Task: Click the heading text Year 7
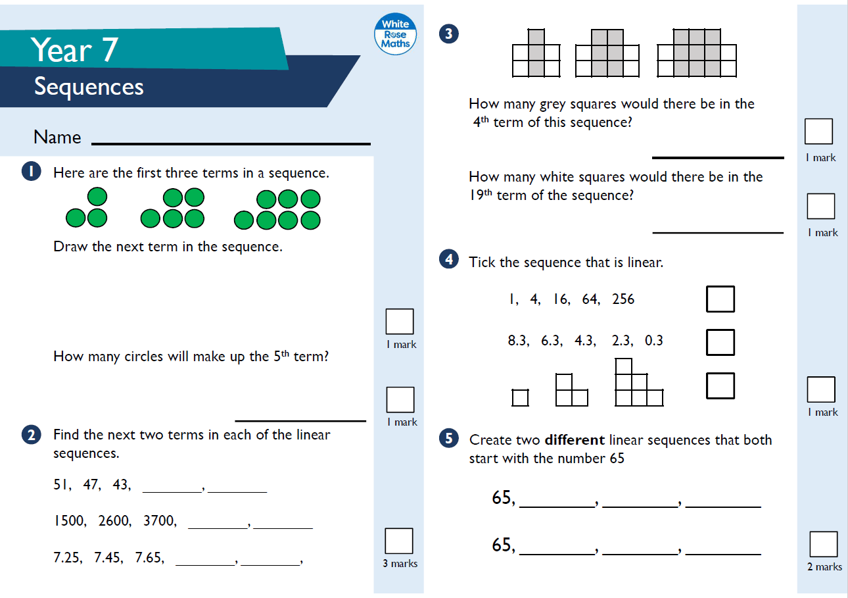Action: pos(74,50)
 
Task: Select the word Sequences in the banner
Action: pos(89,87)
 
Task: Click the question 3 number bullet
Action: pos(448,34)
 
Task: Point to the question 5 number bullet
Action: pos(448,439)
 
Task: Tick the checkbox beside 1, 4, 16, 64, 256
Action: pos(720,299)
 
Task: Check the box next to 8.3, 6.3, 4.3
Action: pos(720,342)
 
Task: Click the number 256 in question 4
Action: pos(623,299)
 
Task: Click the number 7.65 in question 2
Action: pos(149,559)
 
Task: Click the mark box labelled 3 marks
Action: pos(399,541)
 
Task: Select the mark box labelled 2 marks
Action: pos(824,544)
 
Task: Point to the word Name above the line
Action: pos(57,137)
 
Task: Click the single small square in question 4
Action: pos(520,398)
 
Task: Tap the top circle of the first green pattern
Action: pos(97,196)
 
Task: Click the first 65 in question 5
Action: pos(502,498)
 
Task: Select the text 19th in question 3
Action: pos(481,195)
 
